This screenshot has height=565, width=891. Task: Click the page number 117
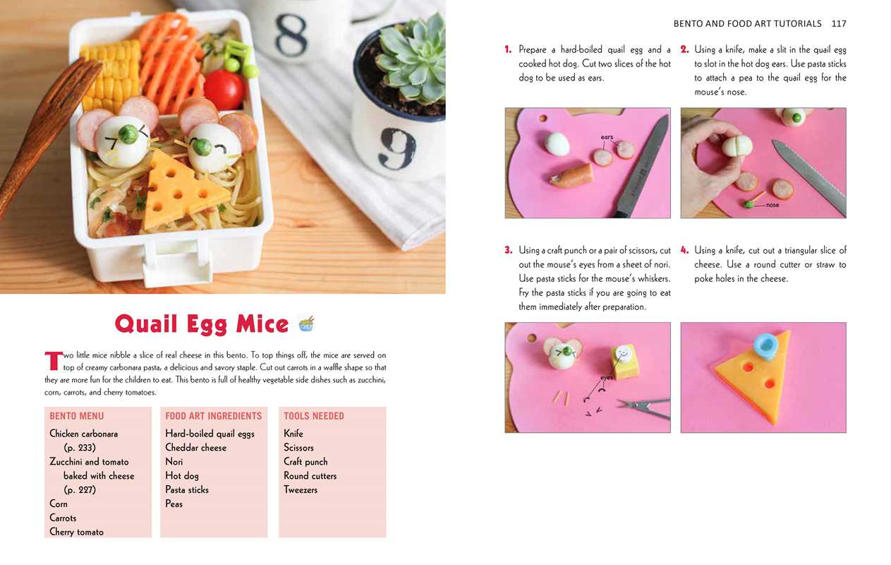(839, 24)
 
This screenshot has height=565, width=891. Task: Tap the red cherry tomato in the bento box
(225, 90)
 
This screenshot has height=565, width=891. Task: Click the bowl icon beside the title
(305, 323)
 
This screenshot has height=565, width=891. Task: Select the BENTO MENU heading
(77, 416)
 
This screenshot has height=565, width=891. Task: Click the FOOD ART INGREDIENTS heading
(213, 416)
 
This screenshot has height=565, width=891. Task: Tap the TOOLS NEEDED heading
(314, 416)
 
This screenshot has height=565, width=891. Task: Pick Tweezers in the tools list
(301, 489)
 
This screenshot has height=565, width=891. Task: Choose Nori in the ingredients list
(174, 461)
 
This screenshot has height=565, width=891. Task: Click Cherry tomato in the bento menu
(76, 532)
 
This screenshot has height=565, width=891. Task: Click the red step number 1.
(508, 49)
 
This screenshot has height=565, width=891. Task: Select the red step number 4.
(684, 250)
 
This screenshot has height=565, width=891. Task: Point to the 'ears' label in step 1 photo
(607, 137)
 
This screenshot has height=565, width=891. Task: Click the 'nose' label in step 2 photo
(772, 205)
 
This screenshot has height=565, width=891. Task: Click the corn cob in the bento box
(111, 75)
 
